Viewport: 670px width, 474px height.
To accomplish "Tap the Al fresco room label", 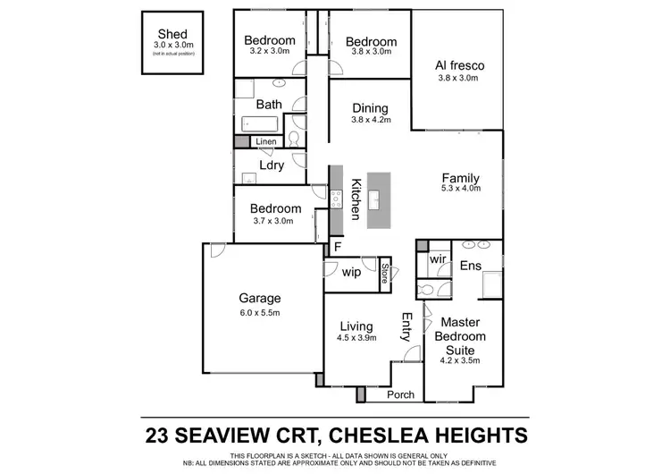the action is [458, 65].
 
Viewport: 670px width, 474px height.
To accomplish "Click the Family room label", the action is [461, 177].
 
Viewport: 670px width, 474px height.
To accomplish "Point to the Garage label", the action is [259, 299].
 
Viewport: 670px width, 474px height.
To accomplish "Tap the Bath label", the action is [269, 104].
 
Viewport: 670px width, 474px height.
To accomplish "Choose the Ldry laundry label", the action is [272, 165].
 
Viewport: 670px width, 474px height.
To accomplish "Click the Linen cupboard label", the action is [265, 142].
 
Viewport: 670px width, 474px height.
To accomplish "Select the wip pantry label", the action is [351, 272].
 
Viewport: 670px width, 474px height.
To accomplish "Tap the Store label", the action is [385, 272].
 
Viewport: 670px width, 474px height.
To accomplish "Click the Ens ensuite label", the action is [471, 266].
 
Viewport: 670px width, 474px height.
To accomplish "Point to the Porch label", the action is [399, 394].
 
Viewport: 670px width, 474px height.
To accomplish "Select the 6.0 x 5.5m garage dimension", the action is [259, 313].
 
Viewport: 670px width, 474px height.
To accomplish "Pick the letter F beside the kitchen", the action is [338, 246].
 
